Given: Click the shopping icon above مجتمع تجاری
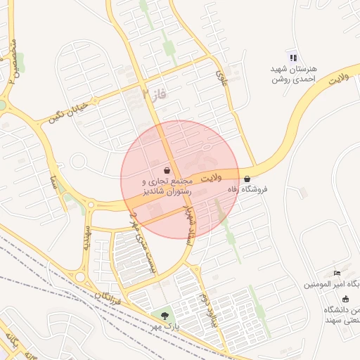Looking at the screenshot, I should [167, 170].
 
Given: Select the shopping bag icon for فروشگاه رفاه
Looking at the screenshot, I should [246, 179].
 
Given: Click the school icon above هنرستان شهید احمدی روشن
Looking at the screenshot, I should [293, 57].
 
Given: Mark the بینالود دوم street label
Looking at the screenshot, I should [207, 309].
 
